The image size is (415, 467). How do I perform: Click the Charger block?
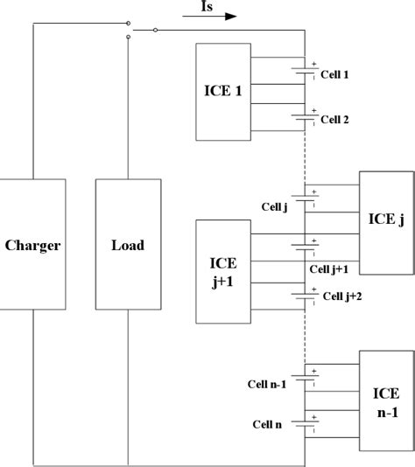point(32,245)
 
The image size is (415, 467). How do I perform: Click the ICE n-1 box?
point(385,401)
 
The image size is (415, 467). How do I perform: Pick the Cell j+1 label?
point(329,268)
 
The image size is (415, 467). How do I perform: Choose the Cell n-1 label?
point(267,383)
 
